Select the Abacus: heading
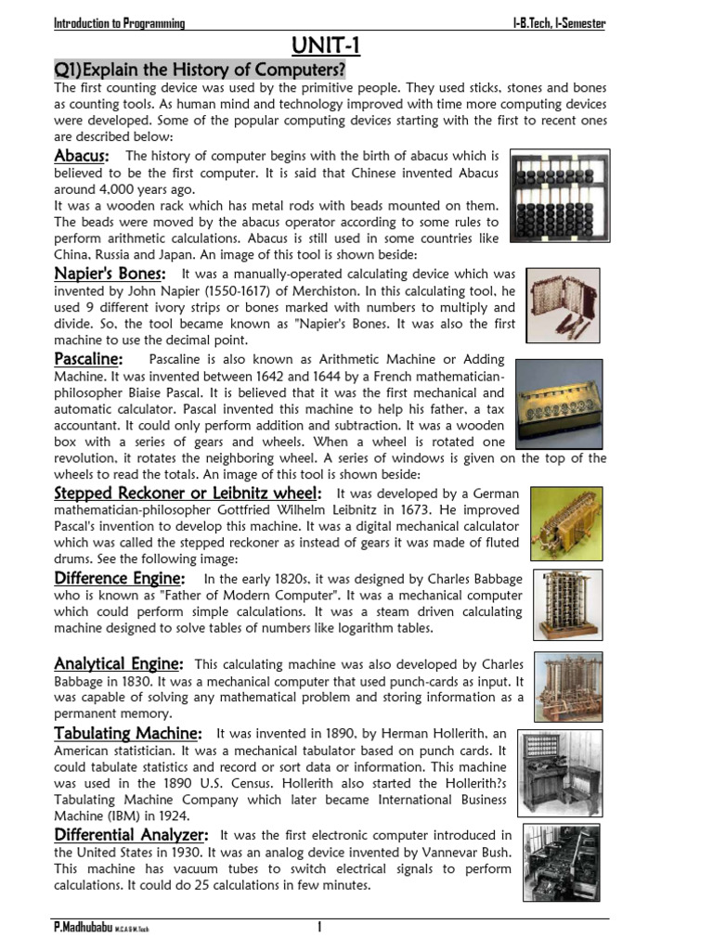(82, 155)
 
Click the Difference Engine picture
(567, 605)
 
